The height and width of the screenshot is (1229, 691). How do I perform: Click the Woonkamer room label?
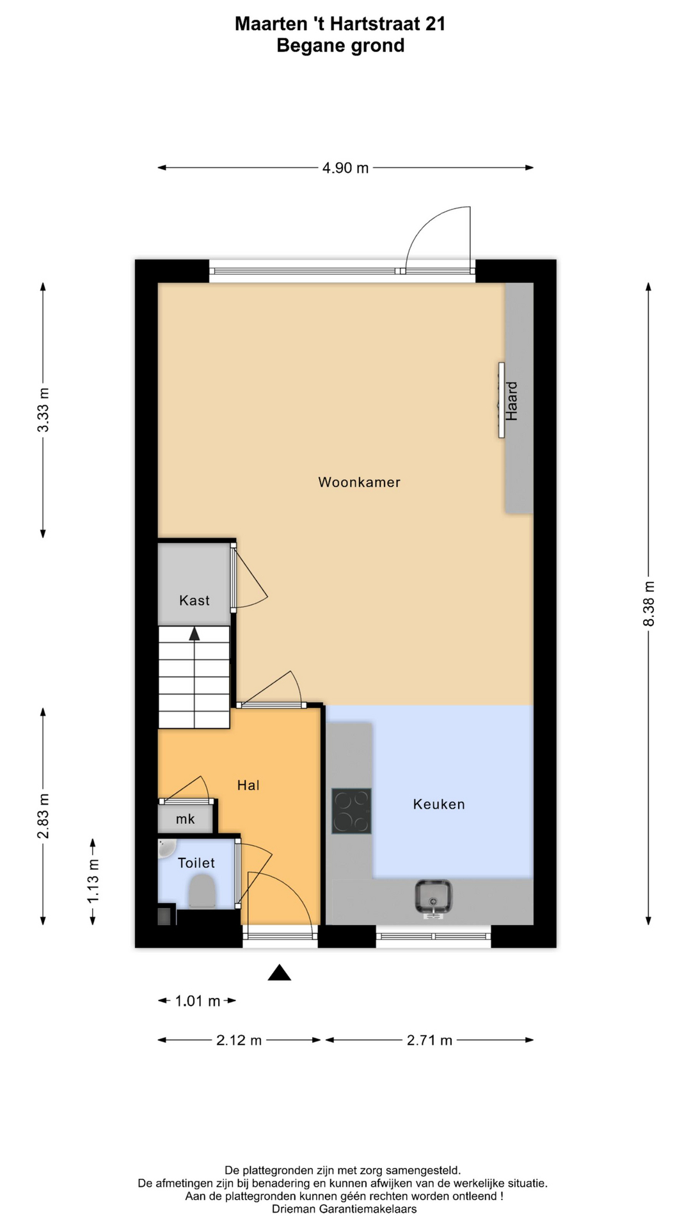point(359,482)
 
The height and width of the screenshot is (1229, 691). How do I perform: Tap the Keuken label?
point(439,804)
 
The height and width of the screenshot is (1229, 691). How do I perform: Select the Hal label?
point(248,785)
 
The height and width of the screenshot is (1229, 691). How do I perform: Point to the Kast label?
point(195,600)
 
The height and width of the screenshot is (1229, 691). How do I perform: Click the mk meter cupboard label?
point(186,819)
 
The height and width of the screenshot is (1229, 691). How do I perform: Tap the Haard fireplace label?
point(512,401)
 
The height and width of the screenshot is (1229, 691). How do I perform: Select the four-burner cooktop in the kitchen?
point(351,811)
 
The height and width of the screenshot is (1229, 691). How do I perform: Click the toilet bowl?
point(202,892)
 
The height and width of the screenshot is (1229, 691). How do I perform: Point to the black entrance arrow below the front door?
point(280,973)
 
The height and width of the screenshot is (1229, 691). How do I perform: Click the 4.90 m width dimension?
point(345,168)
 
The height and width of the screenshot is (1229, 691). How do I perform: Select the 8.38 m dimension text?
point(649,604)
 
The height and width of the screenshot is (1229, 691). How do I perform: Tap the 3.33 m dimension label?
point(43,410)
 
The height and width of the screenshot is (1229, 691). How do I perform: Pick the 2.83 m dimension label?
point(43,816)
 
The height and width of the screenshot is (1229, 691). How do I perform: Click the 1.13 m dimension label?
point(93,881)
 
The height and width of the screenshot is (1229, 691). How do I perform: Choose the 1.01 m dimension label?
point(198,1001)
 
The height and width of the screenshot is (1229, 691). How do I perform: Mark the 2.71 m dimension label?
point(429,1040)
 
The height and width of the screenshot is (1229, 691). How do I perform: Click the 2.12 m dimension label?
point(239,1040)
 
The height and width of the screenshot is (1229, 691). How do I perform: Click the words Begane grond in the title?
point(340,46)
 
